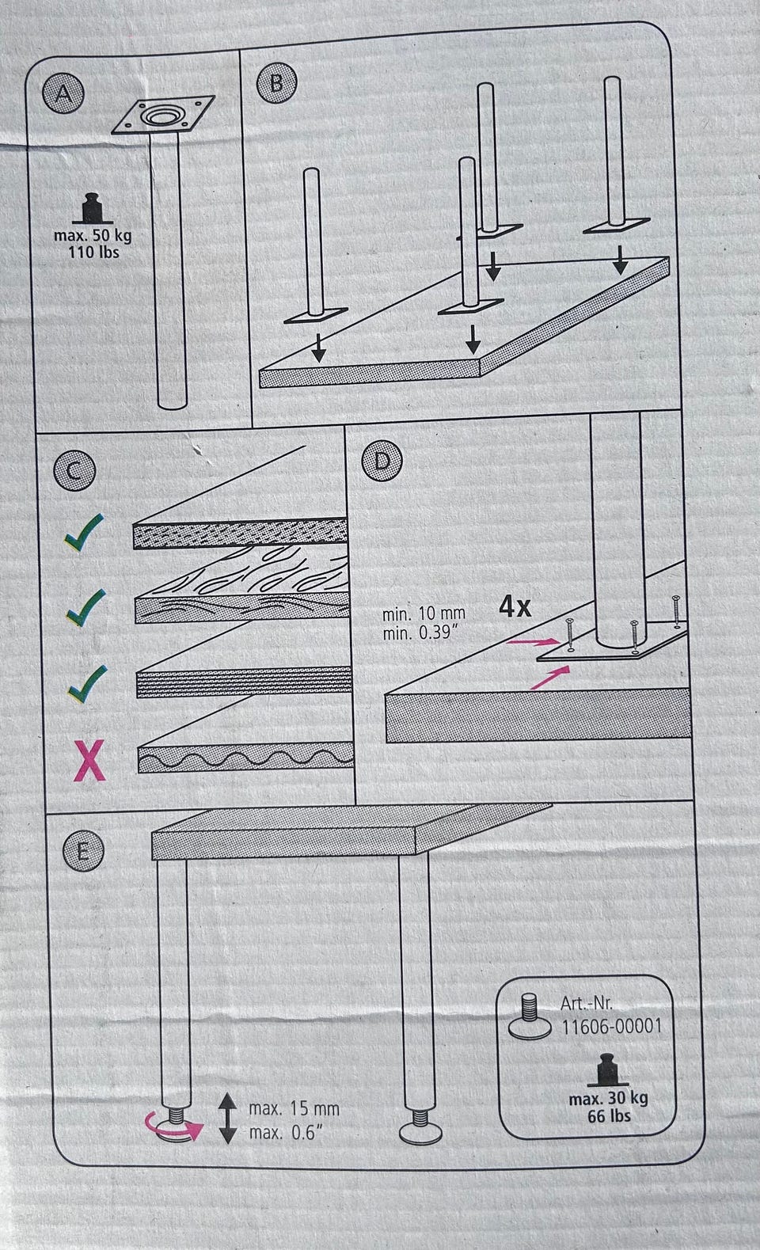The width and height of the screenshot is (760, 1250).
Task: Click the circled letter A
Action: click(63, 93)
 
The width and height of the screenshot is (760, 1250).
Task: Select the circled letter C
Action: click(74, 470)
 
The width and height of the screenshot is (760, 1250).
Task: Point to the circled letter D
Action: click(382, 461)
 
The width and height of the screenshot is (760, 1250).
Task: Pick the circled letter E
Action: click(82, 850)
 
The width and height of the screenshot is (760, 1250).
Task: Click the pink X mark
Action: click(89, 760)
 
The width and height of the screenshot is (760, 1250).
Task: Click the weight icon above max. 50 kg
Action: click(93, 209)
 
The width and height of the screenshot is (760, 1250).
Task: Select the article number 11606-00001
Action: click(611, 1026)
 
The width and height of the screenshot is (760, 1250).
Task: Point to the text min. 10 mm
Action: click(424, 614)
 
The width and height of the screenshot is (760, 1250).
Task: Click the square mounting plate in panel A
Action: click(163, 116)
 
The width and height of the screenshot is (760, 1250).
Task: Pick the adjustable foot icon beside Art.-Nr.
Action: click(530, 1017)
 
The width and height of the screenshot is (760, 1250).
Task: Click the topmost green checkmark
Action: click(83, 532)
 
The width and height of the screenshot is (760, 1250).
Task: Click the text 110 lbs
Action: click(93, 253)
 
